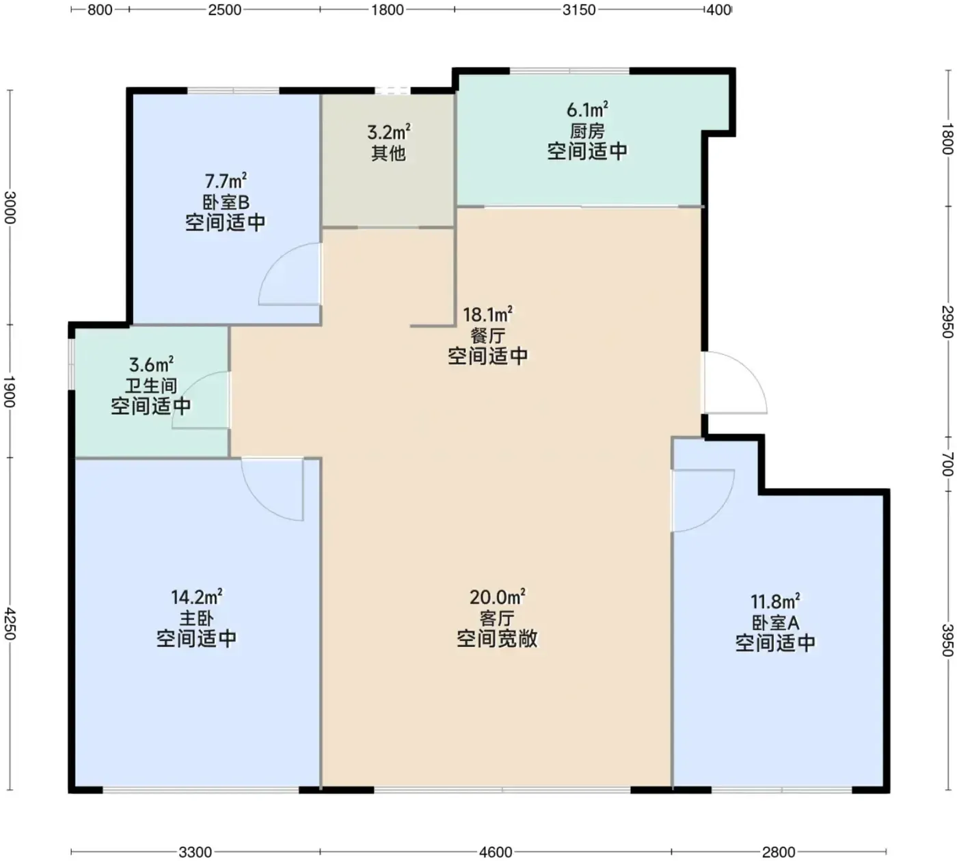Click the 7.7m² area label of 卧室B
[226, 182]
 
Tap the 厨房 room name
[587, 131]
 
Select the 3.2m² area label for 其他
[389, 132]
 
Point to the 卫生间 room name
[151, 385]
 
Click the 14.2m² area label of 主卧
[197, 597]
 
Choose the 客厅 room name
[497, 618]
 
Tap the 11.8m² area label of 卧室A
[775, 601]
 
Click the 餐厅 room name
[487, 336]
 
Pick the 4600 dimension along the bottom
[496, 852]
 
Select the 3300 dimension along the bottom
[195, 852]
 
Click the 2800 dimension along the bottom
[779, 852]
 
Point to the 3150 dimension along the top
[579, 10]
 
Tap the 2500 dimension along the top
[224, 10]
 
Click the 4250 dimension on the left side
[10, 623]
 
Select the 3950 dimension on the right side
[947, 640]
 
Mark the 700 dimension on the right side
[947, 464]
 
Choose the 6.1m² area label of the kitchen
[587, 110]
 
